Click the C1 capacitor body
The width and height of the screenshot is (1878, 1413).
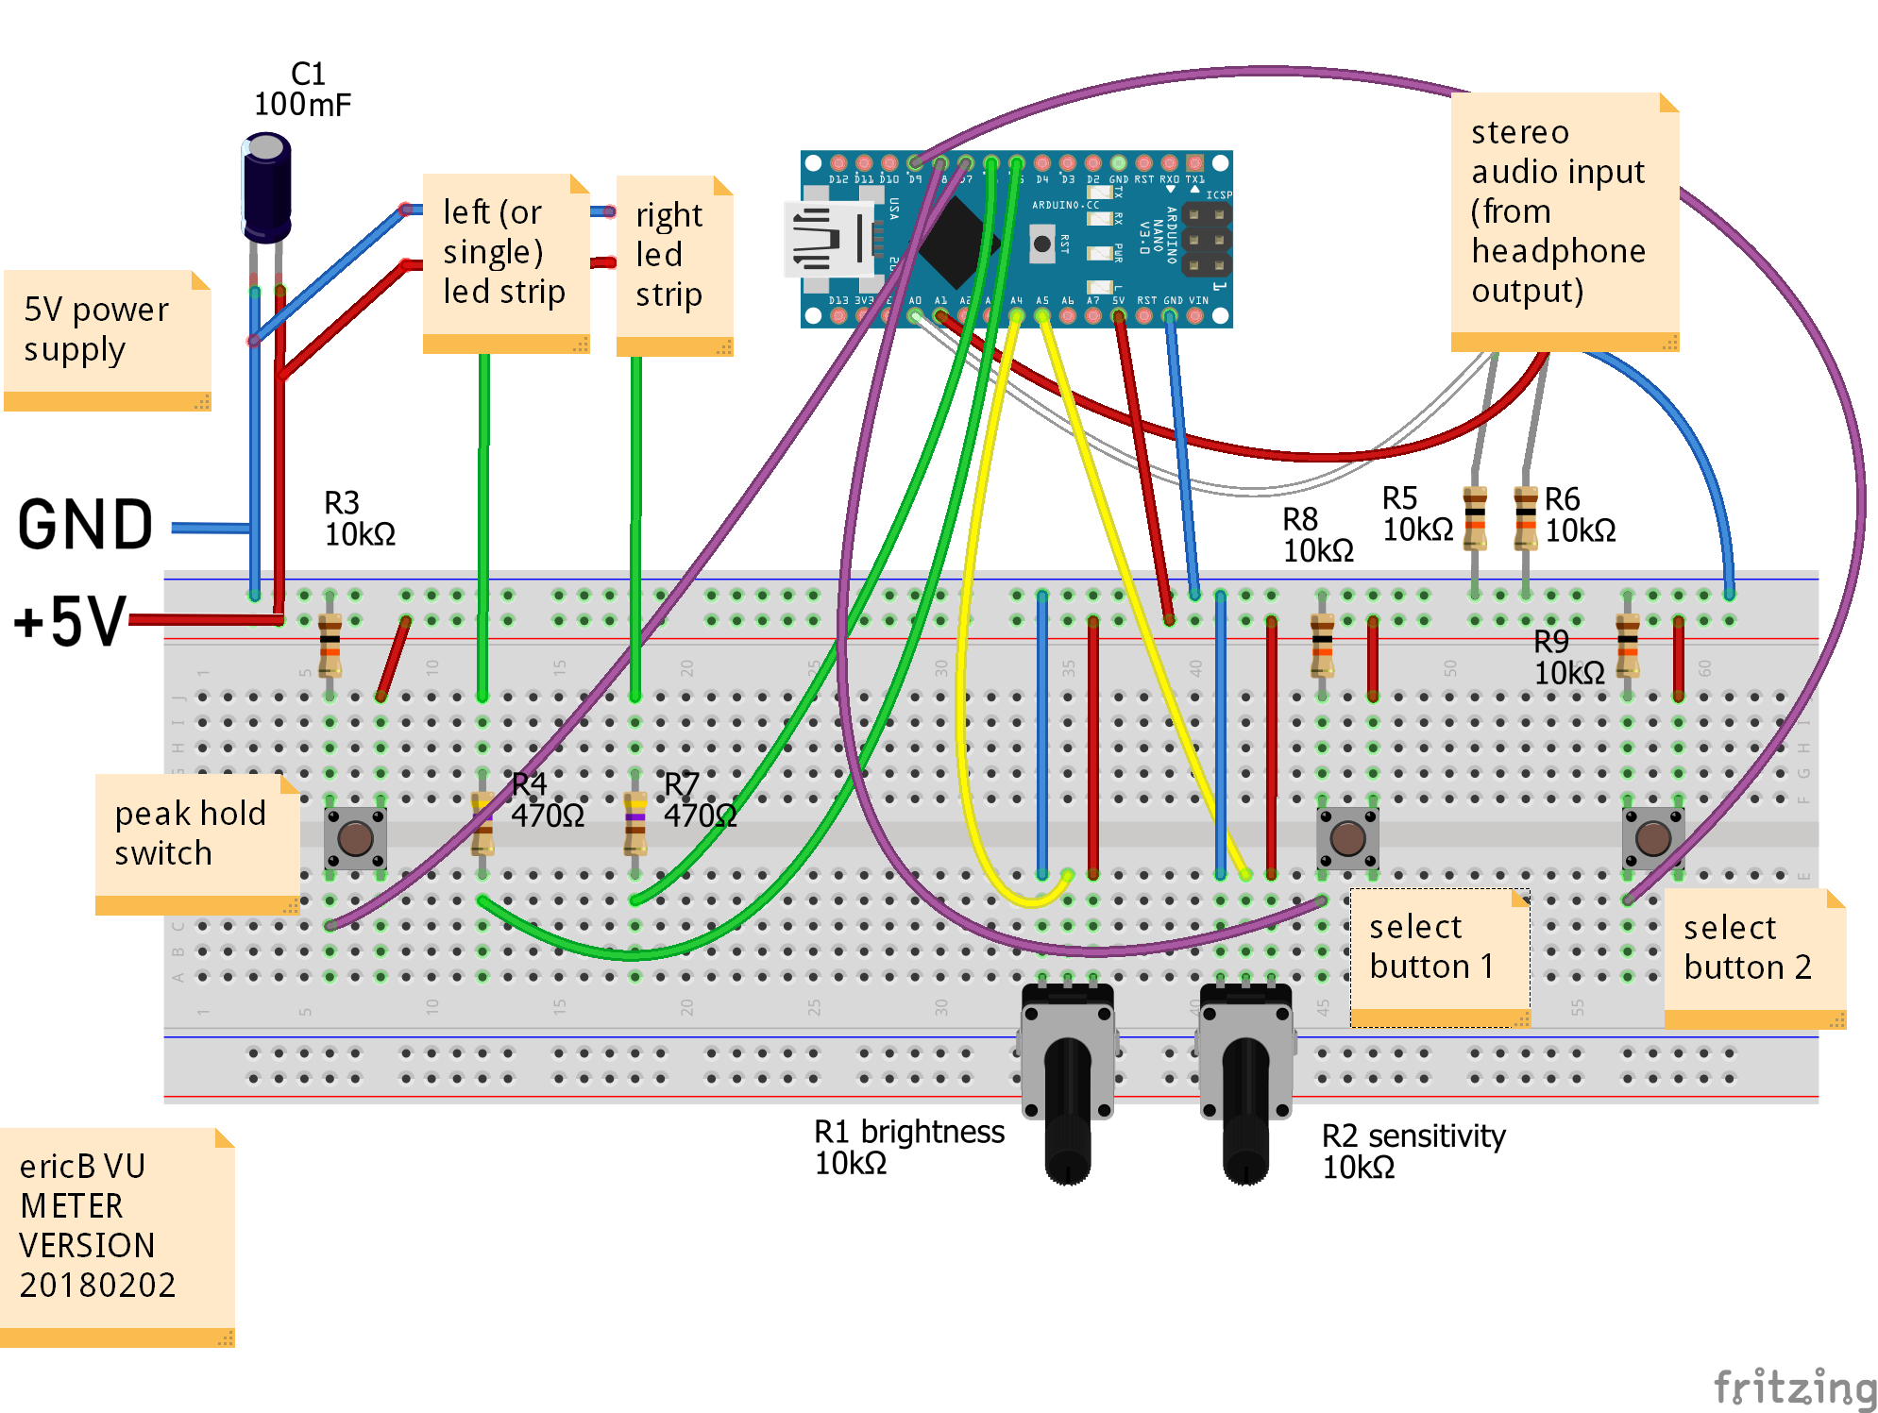pyautogui.click(x=267, y=189)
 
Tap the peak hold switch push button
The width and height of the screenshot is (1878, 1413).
pyautogui.click(x=355, y=837)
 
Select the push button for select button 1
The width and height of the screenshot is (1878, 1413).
pyautogui.click(x=1347, y=837)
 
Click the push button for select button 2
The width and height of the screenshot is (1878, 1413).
pyautogui.click(x=1652, y=837)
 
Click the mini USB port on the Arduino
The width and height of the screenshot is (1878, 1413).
pyautogui.click(x=826, y=240)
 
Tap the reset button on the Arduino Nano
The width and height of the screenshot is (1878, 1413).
pyautogui.click(x=1041, y=244)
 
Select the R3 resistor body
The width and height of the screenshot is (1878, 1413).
pyautogui.click(x=330, y=646)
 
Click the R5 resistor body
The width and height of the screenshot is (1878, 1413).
pyautogui.click(x=1474, y=517)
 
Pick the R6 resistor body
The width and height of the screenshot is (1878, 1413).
pyautogui.click(x=1525, y=517)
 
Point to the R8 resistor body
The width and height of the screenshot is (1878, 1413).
pyautogui.click(x=1322, y=646)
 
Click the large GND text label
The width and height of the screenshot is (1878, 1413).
pyautogui.click(x=85, y=525)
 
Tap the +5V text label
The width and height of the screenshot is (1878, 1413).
pyautogui.click(x=70, y=621)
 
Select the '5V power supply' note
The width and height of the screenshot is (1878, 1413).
pyautogui.click(x=107, y=340)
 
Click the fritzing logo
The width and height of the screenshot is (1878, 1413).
pyautogui.click(x=1794, y=1388)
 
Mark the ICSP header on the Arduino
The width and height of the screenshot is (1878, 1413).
pyautogui.click(x=1207, y=240)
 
